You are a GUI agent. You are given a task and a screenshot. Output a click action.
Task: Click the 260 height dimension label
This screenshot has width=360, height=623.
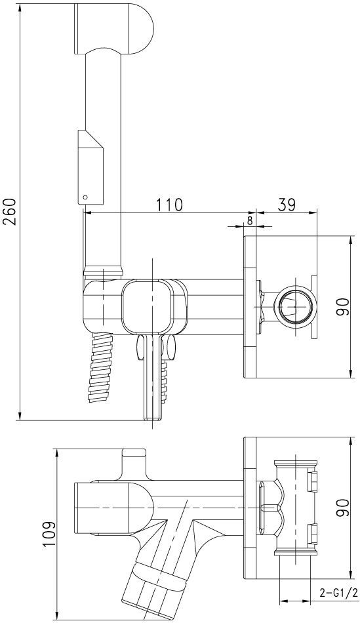tap(10, 211)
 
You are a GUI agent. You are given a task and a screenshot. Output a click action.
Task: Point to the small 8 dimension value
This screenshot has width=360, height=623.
tap(249, 221)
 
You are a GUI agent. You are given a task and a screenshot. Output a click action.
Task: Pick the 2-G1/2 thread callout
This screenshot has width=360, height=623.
tap(335, 593)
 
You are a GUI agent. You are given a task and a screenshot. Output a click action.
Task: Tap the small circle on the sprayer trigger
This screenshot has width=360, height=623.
tap(84, 196)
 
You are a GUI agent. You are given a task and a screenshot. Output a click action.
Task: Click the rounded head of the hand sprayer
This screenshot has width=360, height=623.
tap(113, 28)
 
